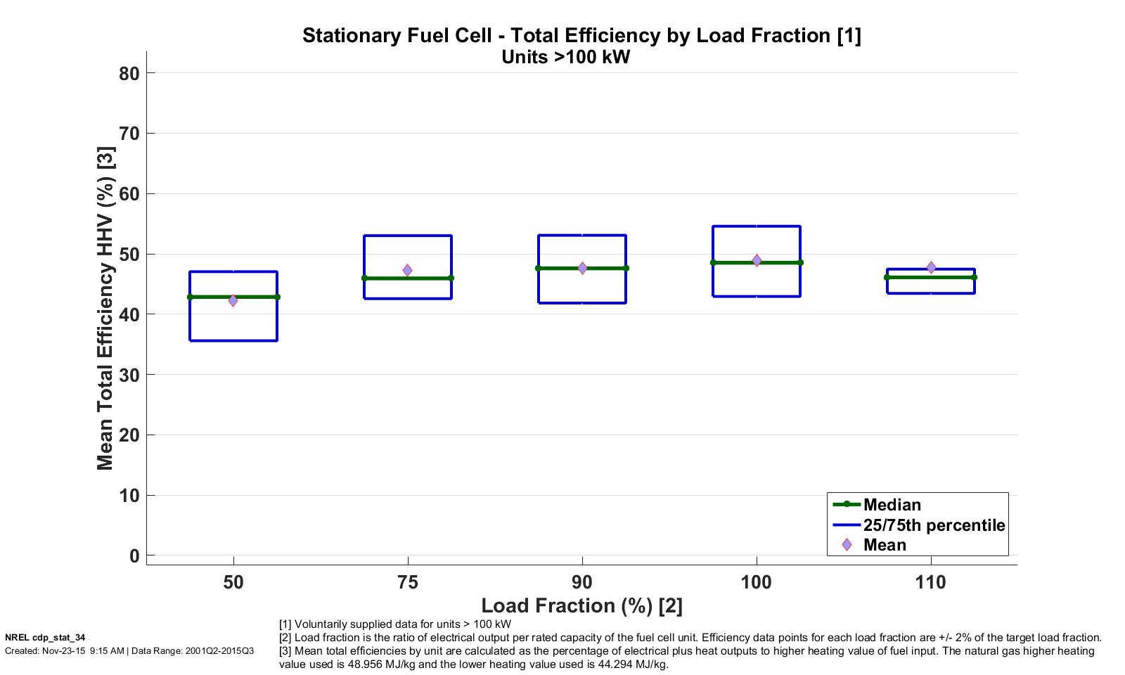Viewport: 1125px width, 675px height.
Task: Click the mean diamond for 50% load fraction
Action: (233, 300)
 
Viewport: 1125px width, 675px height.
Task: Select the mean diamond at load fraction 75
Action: (407, 270)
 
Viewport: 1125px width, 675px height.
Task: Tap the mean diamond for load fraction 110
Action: (931, 267)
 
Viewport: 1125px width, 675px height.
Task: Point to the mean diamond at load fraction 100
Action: (757, 260)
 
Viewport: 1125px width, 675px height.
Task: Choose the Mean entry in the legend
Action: (885, 545)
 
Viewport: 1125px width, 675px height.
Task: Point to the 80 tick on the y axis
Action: (129, 73)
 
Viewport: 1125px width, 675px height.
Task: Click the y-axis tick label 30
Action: (129, 375)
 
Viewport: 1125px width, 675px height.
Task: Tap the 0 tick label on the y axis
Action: (134, 556)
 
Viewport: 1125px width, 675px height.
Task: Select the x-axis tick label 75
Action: (408, 582)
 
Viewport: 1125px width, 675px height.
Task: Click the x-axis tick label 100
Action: (757, 582)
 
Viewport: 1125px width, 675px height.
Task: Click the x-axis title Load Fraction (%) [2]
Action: (581, 605)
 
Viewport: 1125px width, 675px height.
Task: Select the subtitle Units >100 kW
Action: (565, 58)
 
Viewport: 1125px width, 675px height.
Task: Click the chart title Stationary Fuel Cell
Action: (581, 35)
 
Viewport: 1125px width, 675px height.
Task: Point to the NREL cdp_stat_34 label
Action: (45, 638)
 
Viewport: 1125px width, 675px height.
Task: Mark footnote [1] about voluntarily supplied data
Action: (395, 624)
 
